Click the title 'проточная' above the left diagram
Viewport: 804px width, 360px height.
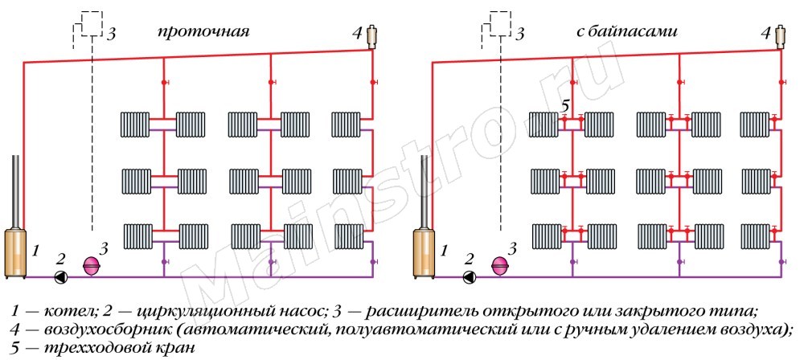pyautogui.click(x=203, y=32)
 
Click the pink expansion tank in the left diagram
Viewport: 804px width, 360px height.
pyautogui.click(x=91, y=265)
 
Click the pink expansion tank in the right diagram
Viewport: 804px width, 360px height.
pyautogui.click(x=500, y=265)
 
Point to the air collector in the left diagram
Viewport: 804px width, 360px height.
pyautogui.click(x=371, y=35)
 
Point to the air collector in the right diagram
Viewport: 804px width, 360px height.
pyautogui.click(x=780, y=35)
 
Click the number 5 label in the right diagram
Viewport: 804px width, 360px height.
pyautogui.click(x=564, y=105)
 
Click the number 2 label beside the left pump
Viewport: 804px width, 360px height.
pyautogui.click(x=59, y=259)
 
